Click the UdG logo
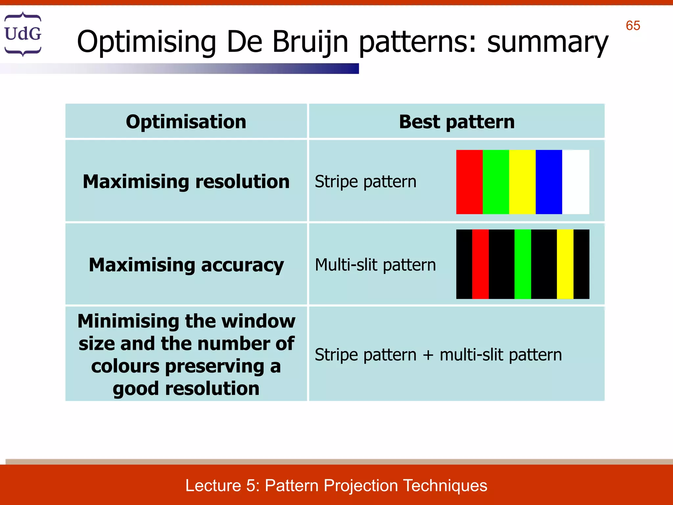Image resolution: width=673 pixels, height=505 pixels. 23,34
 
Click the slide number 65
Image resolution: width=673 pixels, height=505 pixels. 633,26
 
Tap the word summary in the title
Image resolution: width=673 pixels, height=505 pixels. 547,42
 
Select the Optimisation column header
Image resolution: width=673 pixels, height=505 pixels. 186,122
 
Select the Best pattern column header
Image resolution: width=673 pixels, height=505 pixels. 456,122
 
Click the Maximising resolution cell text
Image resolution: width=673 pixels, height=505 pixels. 186,181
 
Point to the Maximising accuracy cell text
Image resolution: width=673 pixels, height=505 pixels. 186,265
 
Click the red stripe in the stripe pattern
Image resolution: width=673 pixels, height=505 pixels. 469,182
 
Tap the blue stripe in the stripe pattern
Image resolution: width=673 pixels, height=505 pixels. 548,182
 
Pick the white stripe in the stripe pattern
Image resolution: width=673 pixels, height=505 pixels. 575,182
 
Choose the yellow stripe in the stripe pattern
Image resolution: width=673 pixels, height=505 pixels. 522,182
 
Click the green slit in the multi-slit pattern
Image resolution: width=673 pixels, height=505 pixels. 522,264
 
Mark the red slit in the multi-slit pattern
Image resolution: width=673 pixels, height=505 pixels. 480,264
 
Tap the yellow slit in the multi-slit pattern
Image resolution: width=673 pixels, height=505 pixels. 565,264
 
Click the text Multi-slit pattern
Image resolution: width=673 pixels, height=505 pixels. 375,265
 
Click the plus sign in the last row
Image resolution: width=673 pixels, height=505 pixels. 428,355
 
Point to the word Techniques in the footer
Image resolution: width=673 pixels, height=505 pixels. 445,485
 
